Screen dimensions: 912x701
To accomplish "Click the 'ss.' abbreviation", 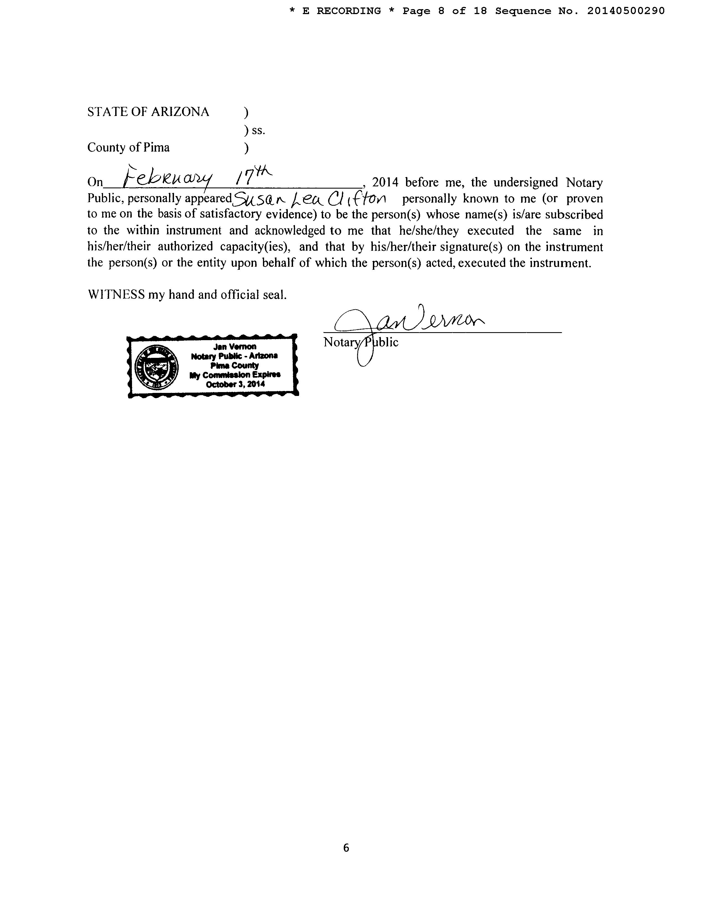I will pos(258,131).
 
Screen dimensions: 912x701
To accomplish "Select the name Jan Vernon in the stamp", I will pos(234,347).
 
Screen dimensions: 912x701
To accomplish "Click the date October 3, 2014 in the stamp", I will pos(235,384).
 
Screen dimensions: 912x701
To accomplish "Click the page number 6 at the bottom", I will pos(346,847).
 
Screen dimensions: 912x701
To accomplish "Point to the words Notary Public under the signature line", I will pos(361,342).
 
